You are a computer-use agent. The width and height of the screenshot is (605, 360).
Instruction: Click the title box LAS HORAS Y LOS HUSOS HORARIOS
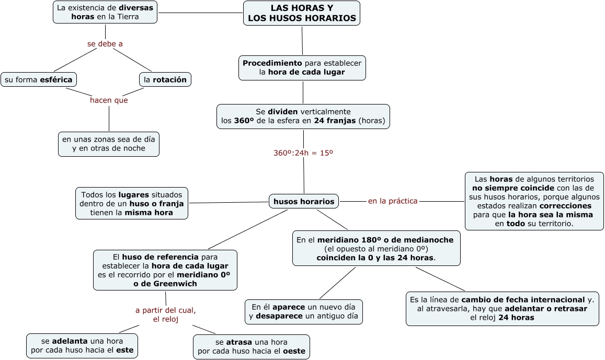coord(302,13)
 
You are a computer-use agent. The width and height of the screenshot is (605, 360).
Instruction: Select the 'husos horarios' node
coord(304,201)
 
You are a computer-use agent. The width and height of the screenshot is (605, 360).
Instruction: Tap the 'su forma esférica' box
coord(39,79)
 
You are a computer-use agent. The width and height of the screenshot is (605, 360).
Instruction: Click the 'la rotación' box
coord(165,79)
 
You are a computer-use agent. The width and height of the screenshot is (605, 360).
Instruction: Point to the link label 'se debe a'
coord(105,44)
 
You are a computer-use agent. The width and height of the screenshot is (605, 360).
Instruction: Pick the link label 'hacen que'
coord(109,100)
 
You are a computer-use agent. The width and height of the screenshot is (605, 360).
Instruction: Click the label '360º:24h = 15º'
coord(303,153)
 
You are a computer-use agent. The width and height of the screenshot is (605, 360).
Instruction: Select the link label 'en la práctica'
coord(393,201)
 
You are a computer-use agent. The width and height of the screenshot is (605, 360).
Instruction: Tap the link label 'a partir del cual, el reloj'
coord(166,315)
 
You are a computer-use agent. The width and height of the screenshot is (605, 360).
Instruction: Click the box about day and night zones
coord(109,144)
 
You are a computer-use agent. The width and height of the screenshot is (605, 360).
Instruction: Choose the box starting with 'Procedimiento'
coord(302,67)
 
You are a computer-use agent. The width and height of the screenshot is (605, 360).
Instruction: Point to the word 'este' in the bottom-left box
coord(124,351)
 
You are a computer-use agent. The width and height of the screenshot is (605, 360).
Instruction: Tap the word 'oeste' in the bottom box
coord(294,351)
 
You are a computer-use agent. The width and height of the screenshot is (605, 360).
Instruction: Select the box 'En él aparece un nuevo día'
coord(303,311)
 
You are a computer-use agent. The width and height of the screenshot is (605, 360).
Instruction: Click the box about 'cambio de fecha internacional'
coord(502,308)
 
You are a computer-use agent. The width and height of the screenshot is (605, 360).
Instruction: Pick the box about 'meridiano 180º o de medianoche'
coord(376,248)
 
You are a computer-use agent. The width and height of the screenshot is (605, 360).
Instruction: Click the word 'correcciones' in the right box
coord(569,206)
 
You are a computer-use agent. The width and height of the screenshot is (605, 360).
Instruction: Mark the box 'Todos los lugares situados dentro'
coord(132,203)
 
